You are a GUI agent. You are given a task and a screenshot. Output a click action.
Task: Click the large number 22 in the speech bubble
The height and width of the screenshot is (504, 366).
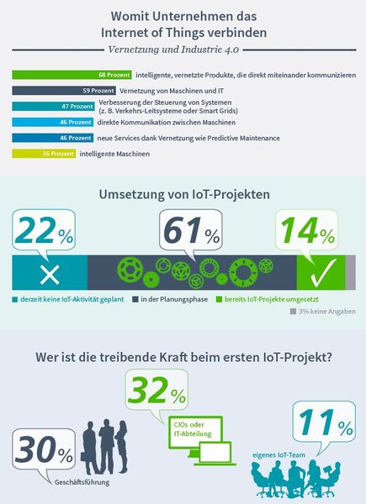coord(34,233)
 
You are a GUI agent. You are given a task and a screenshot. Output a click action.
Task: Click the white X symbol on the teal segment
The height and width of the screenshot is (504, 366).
coord(50,274)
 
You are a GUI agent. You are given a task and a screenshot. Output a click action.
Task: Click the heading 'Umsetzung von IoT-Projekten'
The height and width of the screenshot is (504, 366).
coord(183,193)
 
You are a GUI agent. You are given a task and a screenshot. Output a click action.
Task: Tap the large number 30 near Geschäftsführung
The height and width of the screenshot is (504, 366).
coord(38,454)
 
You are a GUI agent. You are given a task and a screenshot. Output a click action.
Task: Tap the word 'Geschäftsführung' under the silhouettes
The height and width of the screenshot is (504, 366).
coord(81,482)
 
